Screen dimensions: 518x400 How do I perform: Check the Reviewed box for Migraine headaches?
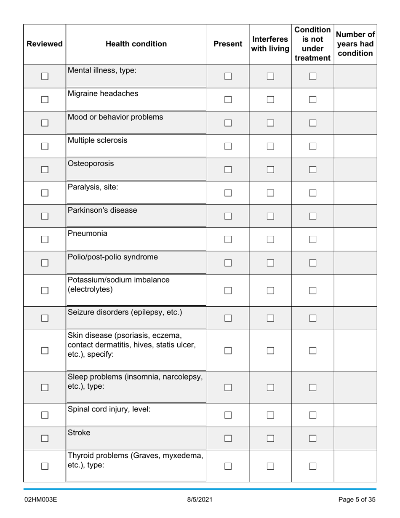pos(45,100)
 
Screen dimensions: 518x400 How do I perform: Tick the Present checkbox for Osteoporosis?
pos(228,170)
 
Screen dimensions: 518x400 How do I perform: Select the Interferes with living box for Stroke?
pos(270,438)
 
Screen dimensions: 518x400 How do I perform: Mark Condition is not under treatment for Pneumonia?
pos(312,240)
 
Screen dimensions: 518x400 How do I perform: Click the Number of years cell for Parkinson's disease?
pos(355,216)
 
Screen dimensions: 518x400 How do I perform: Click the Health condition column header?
pos(136,44)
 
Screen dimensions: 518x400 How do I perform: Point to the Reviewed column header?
pos(45,44)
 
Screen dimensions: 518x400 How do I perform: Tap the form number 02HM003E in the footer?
pos(40,500)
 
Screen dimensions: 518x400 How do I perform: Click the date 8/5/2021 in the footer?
pos(200,500)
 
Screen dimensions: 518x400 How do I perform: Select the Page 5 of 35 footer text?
pos(357,500)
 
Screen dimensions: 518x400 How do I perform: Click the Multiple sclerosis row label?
pos(97,140)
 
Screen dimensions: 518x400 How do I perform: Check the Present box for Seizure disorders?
pos(228,318)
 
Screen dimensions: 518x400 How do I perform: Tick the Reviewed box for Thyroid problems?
pos(45,466)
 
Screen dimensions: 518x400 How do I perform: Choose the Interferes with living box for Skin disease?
pos(270,350)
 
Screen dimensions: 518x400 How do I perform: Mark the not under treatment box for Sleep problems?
pos(312,387)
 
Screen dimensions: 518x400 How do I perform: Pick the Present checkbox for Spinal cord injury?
pos(228,415)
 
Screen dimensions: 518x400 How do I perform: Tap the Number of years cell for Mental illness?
pos(355,76)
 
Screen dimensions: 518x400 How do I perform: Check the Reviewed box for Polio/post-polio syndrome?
pos(45,263)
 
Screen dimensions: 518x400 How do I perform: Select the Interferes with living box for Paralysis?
pos(270,193)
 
